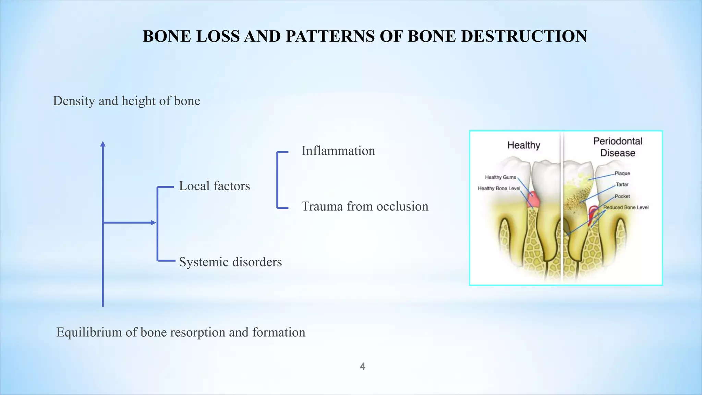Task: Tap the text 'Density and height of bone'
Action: [126, 101]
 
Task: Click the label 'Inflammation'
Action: [338, 151]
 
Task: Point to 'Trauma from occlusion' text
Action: [365, 206]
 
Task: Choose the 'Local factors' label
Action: [214, 186]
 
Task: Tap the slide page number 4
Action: [362, 367]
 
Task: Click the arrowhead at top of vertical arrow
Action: [103, 144]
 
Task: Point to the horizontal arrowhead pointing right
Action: [154, 223]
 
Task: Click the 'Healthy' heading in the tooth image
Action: [523, 145]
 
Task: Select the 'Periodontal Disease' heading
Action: [618, 147]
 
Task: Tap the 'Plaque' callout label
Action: [622, 173]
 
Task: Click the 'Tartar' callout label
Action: [622, 184]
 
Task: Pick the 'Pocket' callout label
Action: [622, 196]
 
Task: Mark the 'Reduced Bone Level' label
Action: [626, 207]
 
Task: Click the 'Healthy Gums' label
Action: [500, 177]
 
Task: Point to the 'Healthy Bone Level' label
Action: [499, 188]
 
